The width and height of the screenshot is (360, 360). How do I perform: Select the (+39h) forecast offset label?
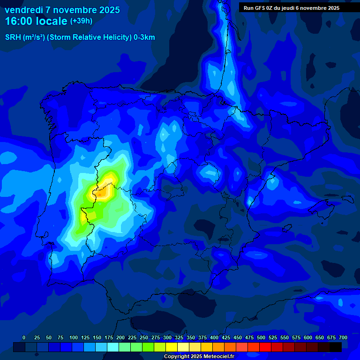pos(81,21)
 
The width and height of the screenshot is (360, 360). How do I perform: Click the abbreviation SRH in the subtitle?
pos(13,37)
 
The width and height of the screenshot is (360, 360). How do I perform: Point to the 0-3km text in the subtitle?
pos(144,37)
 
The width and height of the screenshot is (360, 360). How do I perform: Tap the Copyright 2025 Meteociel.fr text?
pos(199,356)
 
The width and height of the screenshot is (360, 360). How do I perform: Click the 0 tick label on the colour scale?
pos(24,337)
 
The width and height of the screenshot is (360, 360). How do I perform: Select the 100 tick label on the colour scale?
pos(74,337)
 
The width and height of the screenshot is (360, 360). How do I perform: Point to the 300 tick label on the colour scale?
pos(167,337)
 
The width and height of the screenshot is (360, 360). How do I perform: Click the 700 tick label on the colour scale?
pos(343,337)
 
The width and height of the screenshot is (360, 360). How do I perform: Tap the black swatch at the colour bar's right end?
pos(336,347)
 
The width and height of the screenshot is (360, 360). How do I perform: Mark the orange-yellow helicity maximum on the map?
pos(111,179)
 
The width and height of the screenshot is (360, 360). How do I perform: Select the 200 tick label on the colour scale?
pos(120,337)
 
